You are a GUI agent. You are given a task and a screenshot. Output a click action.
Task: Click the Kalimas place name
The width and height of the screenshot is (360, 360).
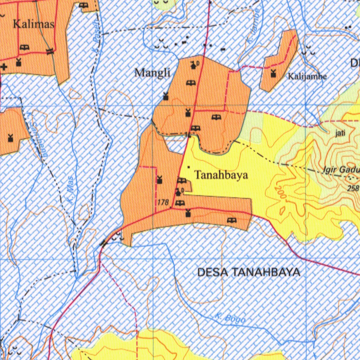[x=34, y=24]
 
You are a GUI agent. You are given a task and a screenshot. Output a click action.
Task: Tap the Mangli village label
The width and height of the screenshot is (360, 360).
[x=152, y=73]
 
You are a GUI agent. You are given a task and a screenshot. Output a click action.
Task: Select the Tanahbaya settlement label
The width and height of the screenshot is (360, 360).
[x=221, y=175]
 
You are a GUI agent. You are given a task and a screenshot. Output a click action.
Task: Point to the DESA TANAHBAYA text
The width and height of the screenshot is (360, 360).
[x=249, y=272]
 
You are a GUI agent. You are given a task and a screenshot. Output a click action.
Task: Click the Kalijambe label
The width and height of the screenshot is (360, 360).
[x=307, y=76]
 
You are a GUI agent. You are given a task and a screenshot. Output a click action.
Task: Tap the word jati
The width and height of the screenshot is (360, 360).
[x=340, y=133]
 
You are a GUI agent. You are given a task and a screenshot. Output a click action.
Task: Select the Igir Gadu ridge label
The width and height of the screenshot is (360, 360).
[x=340, y=171]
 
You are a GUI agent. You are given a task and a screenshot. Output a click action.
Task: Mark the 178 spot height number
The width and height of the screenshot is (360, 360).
[x=163, y=202]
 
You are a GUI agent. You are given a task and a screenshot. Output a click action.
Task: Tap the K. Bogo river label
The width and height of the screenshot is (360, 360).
[x=230, y=319]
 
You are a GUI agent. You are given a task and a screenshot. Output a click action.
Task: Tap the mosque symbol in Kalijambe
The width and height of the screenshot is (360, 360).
[x=273, y=73]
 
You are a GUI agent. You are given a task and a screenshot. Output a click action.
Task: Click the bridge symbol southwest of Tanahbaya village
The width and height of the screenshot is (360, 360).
[x=104, y=243]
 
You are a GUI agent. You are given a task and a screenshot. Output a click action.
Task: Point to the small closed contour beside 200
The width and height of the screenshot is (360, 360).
[x=282, y=211]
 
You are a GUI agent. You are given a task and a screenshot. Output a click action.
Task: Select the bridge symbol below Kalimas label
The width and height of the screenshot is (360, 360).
[x=50, y=51]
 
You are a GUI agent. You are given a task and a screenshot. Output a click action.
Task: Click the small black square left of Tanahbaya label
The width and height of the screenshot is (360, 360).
[x=189, y=167]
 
